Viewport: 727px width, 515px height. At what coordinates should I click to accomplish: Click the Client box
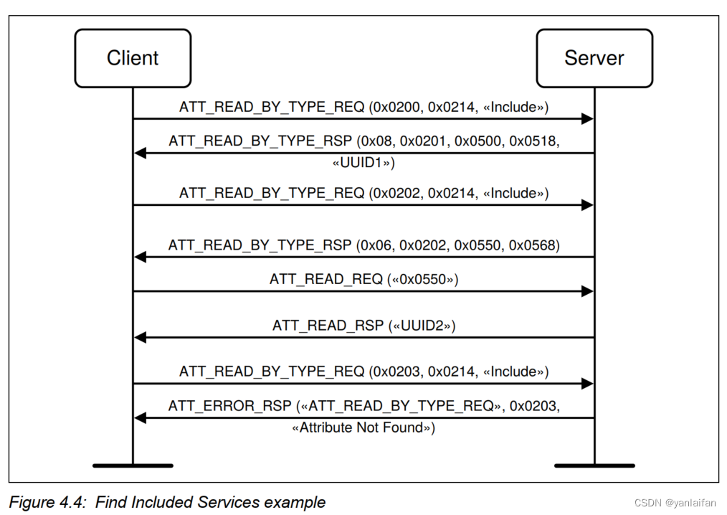[x=133, y=58]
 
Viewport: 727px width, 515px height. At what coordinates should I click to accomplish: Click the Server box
[x=594, y=58]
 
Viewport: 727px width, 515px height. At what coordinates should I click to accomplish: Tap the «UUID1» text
[x=363, y=163]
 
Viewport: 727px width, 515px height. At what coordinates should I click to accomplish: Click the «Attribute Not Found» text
[x=363, y=427]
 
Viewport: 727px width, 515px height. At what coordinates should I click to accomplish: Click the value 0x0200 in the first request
[x=396, y=108]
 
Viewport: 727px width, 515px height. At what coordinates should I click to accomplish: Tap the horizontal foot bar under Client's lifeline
[x=133, y=466]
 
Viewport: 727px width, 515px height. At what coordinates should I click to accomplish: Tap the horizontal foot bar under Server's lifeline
[x=594, y=466]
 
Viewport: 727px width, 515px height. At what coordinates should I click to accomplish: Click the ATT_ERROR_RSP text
[x=229, y=406]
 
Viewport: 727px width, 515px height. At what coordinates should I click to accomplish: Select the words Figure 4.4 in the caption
[x=47, y=502]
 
